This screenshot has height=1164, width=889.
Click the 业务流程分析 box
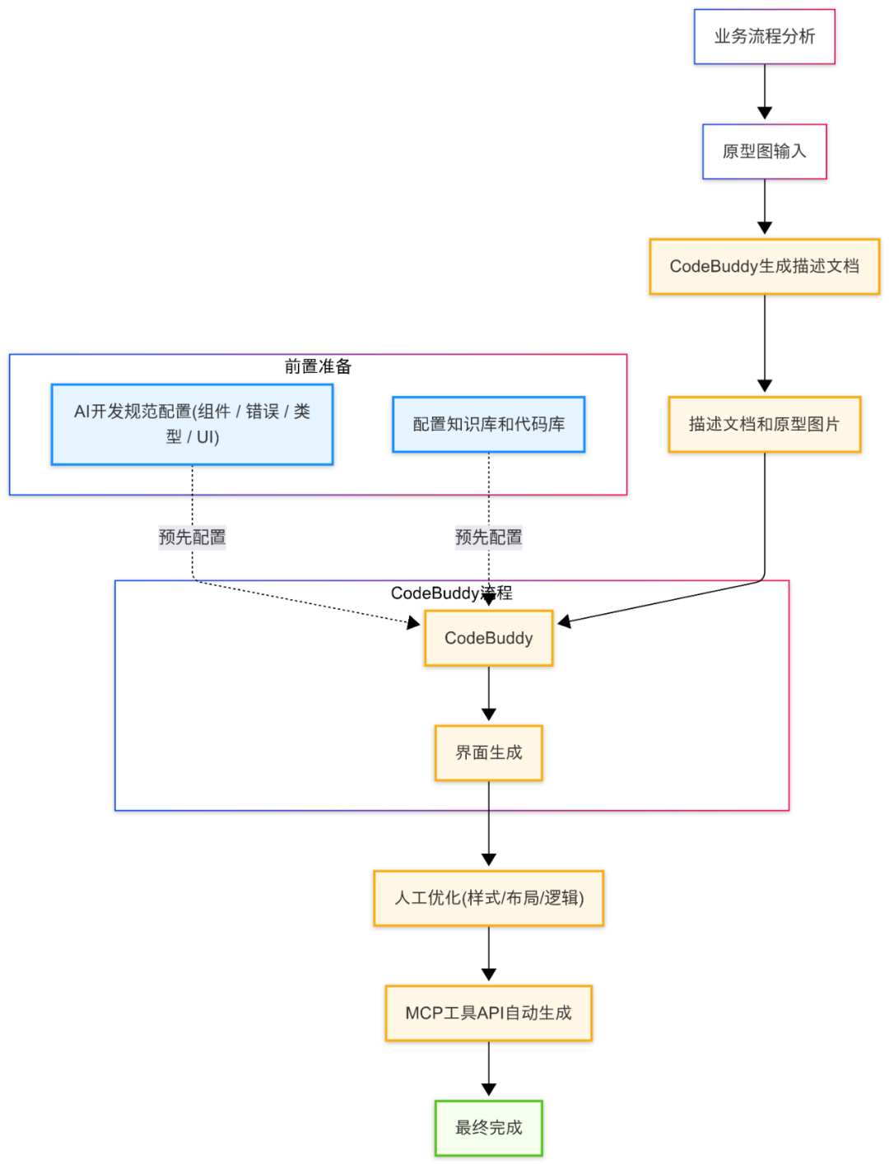coord(764,37)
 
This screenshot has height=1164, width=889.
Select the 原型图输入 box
coord(764,151)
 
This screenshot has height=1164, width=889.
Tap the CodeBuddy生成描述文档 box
coord(764,267)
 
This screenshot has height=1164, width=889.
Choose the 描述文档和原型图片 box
coord(764,425)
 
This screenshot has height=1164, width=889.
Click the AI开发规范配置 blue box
coord(192,425)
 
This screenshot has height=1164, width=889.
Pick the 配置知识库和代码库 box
coord(488,425)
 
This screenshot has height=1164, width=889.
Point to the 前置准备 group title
coord(318,367)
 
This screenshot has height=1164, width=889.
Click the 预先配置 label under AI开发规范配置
coord(192,538)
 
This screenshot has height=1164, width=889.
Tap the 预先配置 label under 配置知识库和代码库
coord(488,538)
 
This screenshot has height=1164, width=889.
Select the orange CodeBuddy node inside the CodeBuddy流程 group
coord(488,639)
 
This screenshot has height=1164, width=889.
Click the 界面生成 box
coord(488,753)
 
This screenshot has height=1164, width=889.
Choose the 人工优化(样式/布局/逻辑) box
coord(488,898)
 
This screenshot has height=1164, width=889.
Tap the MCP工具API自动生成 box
coord(488,1013)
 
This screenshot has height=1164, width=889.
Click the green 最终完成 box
coord(488,1128)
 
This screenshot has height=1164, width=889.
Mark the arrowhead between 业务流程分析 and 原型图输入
coord(764,114)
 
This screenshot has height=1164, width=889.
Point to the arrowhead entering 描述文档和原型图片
coord(764,386)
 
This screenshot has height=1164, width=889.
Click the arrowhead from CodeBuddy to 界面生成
coord(488,715)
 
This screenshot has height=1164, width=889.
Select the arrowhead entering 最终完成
coord(488,1090)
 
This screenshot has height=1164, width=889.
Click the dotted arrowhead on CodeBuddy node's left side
coord(414,623)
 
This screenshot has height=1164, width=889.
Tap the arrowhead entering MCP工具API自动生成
coord(488,975)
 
